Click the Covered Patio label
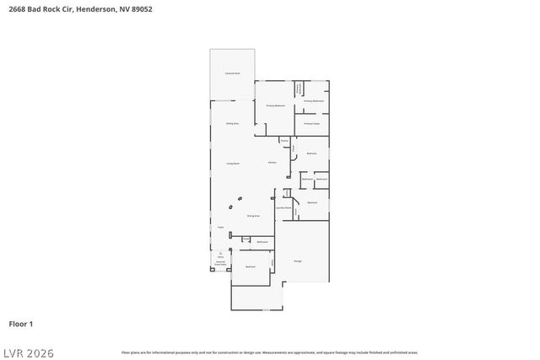point(232,74)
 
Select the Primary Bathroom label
point(314,101)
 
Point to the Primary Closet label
point(311,123)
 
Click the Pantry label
point(284,140)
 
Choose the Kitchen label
point(273,162)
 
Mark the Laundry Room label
point(283,207)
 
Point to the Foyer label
point(220,227)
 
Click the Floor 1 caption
point(20,324)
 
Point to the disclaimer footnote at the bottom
point(269,352)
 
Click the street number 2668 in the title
point(17,9)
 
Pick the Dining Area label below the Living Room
point(252,216)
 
